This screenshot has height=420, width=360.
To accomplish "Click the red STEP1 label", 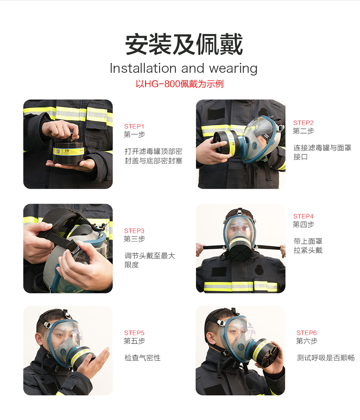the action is pos(134,126).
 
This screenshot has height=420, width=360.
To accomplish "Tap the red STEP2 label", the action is pos(303,123).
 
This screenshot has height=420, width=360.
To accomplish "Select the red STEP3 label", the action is pos(134,231).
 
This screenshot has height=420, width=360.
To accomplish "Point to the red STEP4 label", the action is pos(303,216).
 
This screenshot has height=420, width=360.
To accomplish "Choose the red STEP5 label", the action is pos(134,333).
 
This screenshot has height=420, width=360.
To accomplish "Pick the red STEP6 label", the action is pos(306,333).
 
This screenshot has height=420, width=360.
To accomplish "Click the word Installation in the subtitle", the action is pos(143,68).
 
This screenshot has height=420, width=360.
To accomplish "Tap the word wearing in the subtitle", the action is pos(233,69).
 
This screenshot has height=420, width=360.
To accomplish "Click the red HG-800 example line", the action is pos(179,84).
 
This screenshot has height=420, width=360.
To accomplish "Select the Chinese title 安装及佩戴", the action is pos(184,44).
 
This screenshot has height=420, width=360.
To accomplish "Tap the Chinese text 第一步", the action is pos(134,135).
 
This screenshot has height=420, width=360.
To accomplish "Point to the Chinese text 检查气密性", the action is pos(142,357).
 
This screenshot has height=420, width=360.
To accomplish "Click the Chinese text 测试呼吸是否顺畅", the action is pos(326,357).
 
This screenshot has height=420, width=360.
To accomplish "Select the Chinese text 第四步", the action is pos(303,224).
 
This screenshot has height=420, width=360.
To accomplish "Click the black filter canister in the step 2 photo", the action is pos(224,142).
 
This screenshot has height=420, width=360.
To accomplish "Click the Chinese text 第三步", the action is pos(134,239).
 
